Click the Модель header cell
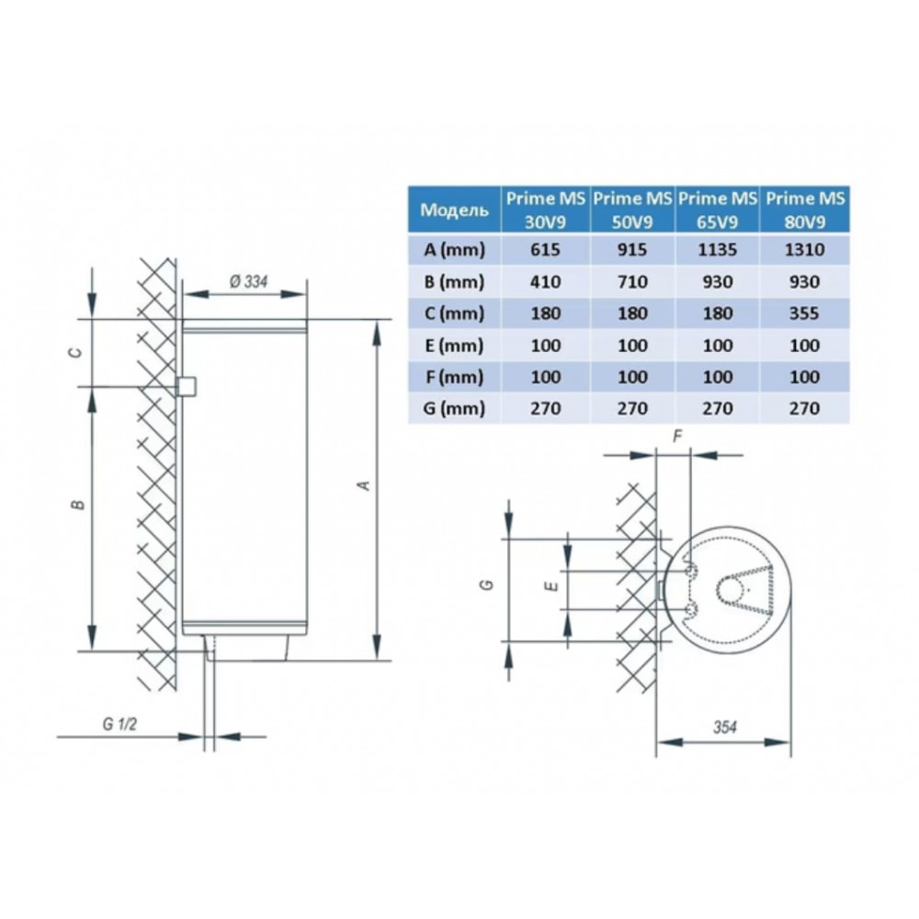pyautogui.click(x=454, y=210)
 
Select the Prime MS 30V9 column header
pyautogui.click(x=546, y=210)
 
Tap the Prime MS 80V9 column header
pyautogui.click(x=805, y=210)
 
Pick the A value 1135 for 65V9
pyautogui.click(x=718, y=250)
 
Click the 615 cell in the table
pyautogui.click(x=546, y=250)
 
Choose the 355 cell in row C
pyautogui.click(x=804, y=313)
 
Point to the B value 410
pyautogui.click(x=546, y=282)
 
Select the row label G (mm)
pyautogui.click(x=454, y=409)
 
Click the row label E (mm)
pyautogui.click(x=454, y=346)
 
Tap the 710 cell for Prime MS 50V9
pyautogui.click(x=632, y=282)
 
